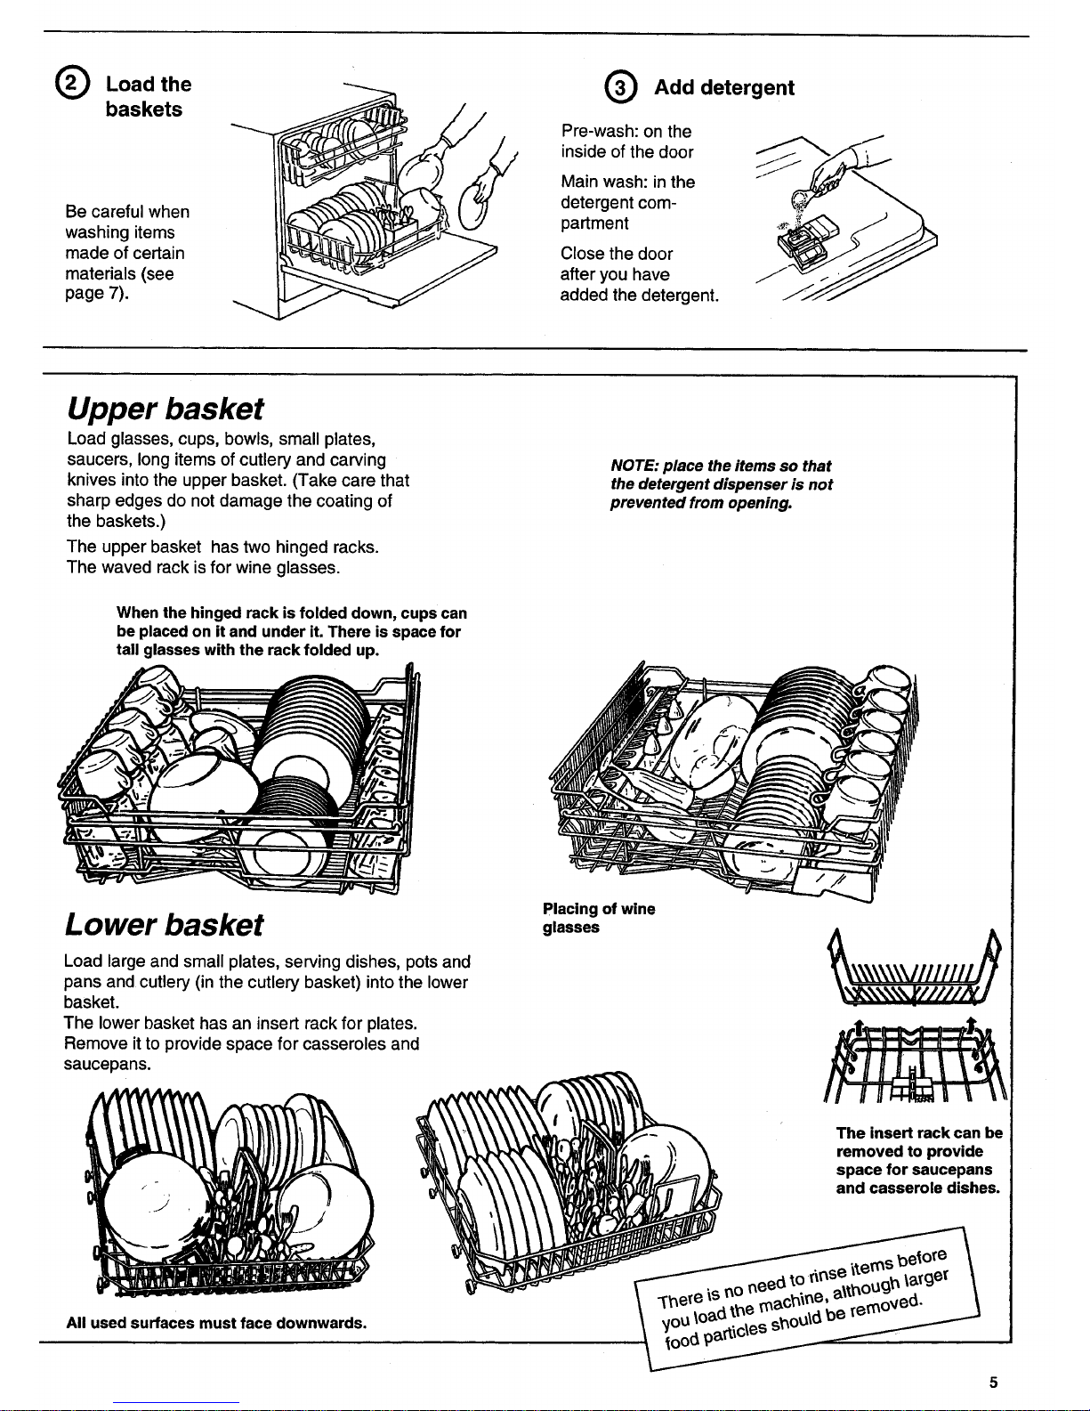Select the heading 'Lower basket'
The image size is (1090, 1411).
coord(165,925)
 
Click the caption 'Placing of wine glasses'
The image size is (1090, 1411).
coord(598,918)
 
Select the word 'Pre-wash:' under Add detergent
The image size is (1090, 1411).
coord(593,131)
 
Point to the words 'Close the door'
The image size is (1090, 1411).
coord(616,254)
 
